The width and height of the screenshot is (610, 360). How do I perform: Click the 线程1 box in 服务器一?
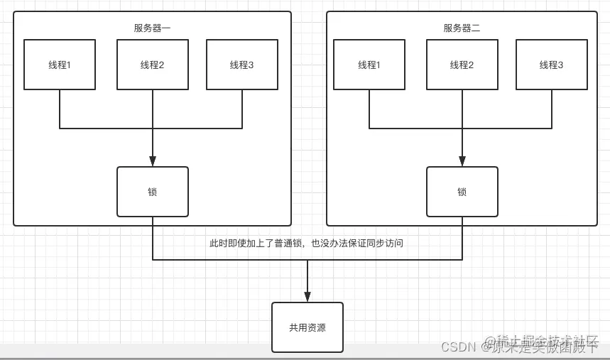pyautogui.click(x=60, y=65)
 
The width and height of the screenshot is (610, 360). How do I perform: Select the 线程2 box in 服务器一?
pyautogui.click(x=153, y=65)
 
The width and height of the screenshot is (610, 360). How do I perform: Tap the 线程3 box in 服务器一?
pyautogui.click(x=242, y=65)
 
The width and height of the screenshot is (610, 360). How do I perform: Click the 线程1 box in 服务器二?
pyautogui.click(x=369, y=65)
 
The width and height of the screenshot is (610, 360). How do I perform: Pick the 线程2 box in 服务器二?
pyautogui.click(x=462, y=65)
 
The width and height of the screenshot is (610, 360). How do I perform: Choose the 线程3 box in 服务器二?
pyautogui.click(x=552, y=65)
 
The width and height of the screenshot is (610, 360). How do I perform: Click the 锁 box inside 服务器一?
pyautogui.click(x=153, y=192)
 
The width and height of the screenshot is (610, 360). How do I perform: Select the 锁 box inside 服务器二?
pyautogui.click(x=462, y=192)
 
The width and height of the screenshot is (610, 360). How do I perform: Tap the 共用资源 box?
pyautogui.click(x=307, y=327)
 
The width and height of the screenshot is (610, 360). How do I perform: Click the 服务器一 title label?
pyautogui.click(x=152, y=28)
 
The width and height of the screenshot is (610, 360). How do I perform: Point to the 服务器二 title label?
pyautogui.click(x=462, y=28)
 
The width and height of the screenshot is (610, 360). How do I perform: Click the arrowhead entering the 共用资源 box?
pyautogui.click(x=307, y=297)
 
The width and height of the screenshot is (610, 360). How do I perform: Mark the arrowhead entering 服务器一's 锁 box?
pyautogui.click(x=153, y=162)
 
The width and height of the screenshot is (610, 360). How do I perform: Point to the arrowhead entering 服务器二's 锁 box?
pyautogui.click(x=462, y=162)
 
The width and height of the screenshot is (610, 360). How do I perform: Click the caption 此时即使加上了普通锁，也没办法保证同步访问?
pyautogui.click(x=306, y=243)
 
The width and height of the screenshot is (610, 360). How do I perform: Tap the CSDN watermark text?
pyautogui.click(x=458, y=347)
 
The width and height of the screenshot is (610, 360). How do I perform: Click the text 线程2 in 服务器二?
pyautogui.click(x=462, y=65)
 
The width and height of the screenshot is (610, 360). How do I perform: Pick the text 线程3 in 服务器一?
pyautogui.click(x=242, y=65)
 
